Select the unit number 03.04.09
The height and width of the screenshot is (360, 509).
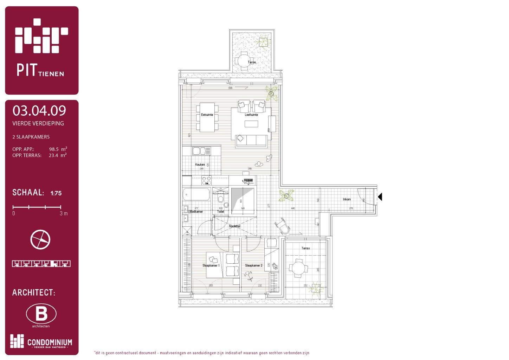[x=39, y=111]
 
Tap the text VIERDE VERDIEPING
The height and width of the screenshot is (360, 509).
[x=38, y=123]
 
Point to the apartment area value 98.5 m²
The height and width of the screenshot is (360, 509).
[x=58, y=149]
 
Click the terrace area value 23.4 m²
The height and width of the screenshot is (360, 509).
[x=58, y=155]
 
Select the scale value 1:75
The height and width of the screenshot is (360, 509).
[x=56, y=193]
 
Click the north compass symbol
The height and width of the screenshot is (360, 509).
[x=40, y=239]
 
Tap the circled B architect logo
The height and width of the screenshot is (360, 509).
[x=41, y=314]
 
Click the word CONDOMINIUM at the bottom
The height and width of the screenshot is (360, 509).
[x=50, y=342]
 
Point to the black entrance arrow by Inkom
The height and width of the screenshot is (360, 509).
[x=379, y=197]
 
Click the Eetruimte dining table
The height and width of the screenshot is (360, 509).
[x=207, y=117]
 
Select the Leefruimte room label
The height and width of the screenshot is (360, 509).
[x=251, y=115]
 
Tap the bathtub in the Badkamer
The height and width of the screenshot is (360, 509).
[x=196, y=194]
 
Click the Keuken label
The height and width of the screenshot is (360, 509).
[x=200, y=165]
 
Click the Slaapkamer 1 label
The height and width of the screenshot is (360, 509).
[x=211, y=265]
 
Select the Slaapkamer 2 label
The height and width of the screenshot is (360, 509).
[x=253, y=265]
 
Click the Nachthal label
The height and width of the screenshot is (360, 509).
[x=234, y=226]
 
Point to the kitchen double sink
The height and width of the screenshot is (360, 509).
[x=201, y=151]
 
